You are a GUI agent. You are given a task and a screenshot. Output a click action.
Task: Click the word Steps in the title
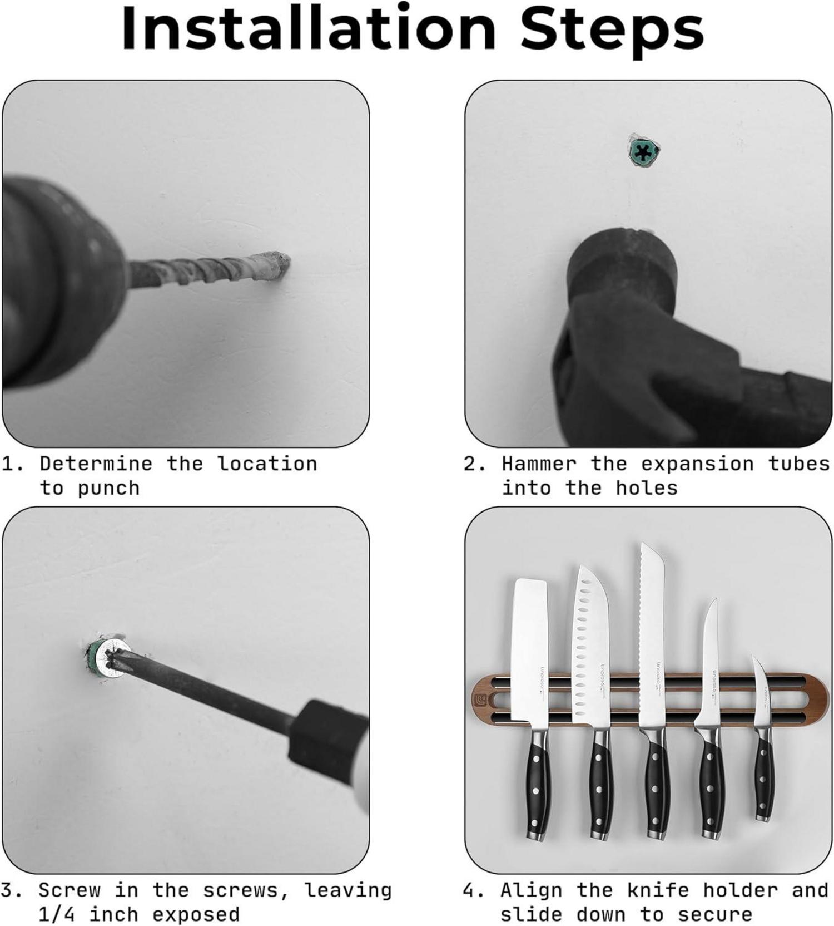pos(612,28)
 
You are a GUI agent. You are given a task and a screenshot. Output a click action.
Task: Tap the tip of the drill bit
pos(286,262)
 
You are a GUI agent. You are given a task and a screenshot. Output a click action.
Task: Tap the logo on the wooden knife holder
pos(480,699)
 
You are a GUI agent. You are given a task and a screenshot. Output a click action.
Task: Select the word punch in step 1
pos(108,489)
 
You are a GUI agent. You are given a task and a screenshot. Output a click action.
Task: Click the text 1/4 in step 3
pos(56,914)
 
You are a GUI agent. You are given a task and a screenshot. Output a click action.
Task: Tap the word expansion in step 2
pos(698,464)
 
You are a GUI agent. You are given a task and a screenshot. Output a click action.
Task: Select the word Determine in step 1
pos(96,464)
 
